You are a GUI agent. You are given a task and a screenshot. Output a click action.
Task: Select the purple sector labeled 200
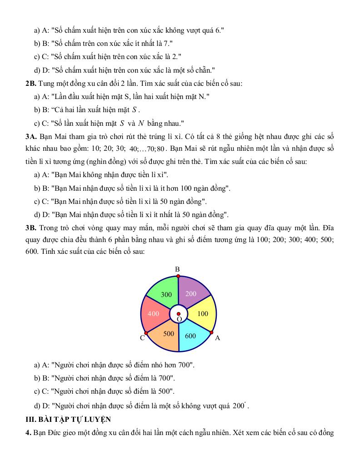coord(193,292)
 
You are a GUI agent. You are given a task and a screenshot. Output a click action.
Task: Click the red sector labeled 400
coord(154,313)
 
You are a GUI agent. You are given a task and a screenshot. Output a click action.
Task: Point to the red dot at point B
coord(178,276)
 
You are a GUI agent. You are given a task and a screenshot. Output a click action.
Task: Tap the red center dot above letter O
coord(179,314)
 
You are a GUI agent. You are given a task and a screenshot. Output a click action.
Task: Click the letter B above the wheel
coord(178,269)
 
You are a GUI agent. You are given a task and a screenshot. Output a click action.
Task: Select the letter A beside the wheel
coord(217,338)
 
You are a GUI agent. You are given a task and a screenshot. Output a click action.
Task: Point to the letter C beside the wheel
coord(142,338)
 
